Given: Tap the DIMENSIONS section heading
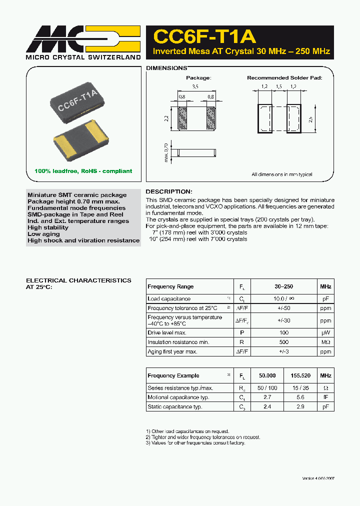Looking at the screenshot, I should [x=166, y=68].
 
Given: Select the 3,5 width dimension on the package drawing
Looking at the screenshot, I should [x=195, y=87].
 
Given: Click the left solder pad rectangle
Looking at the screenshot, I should [x=264, y=118].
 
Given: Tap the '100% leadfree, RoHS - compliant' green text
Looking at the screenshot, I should [x=83, y=171].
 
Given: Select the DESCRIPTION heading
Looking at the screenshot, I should [x=168, y=191].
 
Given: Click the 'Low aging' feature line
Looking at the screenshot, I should [x=43, y=234].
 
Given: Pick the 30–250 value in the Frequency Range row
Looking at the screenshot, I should [x=283, y=286].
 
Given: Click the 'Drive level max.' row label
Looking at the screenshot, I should [x=167, y=332].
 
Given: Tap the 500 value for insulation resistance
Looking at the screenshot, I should [x=283, y=342].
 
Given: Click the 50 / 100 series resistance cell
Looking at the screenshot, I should [x=267, y=388].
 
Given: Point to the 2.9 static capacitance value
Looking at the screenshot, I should [x=300, y=407].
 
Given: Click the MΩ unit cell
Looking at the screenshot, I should [x=325, y=342].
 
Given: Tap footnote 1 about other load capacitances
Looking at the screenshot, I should [x=187, y=431].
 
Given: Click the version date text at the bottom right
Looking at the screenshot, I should [x=318, y=478].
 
